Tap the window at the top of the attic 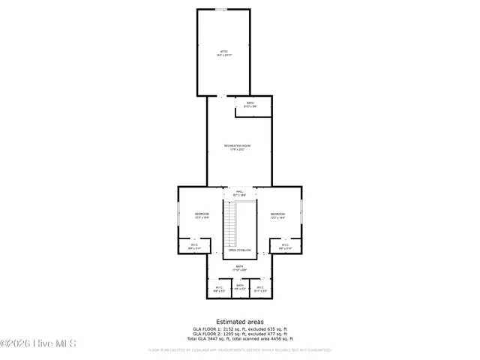222,10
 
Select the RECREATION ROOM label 237,147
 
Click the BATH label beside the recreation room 250,104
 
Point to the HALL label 240,193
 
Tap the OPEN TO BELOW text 240,250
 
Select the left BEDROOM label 202,215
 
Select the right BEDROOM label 277,215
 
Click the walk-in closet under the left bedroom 194,246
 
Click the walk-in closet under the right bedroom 285,246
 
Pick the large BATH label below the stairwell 240,268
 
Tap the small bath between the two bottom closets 240,287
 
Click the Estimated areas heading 239,321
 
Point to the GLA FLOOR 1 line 239,328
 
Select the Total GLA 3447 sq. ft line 239,340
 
